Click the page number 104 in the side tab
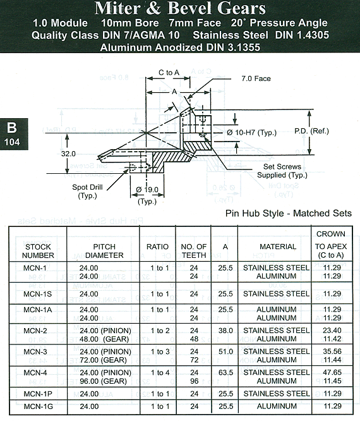12,142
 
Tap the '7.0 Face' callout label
256,78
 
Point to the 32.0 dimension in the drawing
68,154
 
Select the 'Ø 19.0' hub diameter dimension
147,190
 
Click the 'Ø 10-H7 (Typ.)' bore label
251,132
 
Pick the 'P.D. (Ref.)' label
311,131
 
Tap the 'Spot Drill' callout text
87,187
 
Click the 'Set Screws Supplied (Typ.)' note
282,171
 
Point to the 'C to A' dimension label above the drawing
169,73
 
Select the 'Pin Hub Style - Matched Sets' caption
289,213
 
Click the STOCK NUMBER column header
38,251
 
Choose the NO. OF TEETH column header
194,251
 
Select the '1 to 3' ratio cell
160,351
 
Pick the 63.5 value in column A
225,372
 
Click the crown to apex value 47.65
332,372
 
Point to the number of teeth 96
195,381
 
